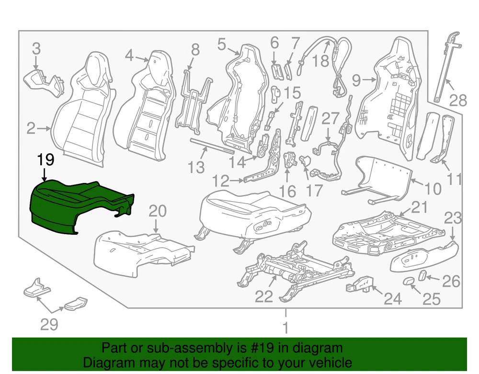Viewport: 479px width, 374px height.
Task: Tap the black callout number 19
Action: click(x=46, y=159)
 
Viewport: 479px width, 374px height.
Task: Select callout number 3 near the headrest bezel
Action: click(x=36, y=49)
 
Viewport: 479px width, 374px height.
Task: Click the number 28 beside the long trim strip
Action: click(x=458, y=101)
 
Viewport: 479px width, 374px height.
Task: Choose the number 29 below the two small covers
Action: click(x=49, y=325)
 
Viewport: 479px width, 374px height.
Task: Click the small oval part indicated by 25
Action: click(x=408, y=281)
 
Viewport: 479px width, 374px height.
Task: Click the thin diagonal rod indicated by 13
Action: click(x=212, y=146)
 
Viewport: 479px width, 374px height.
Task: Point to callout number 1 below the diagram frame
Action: click(x=285, y=328)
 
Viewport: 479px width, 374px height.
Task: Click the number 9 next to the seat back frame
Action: click(x=356, y=80)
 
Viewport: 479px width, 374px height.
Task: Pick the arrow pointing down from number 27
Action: click(x=328, y=134)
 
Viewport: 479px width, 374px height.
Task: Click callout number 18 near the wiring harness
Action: click(x=321, y=61)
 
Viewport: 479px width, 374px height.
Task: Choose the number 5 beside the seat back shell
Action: click(x=222, y=44)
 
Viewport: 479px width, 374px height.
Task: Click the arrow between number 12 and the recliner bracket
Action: click(x=237, y=181)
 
